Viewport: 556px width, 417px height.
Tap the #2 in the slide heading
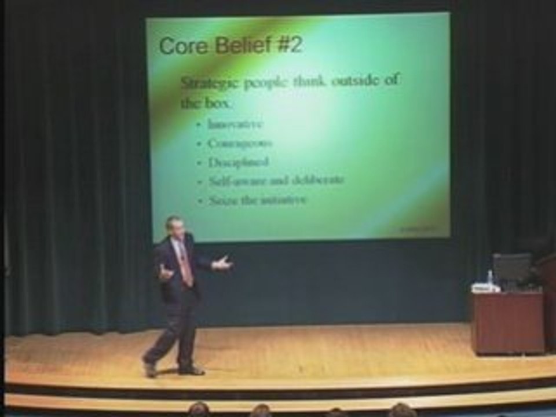289,45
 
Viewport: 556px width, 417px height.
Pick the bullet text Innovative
235,124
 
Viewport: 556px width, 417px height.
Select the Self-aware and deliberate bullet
276,181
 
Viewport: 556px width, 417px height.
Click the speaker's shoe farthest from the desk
150,368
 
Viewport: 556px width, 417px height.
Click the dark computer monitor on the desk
511,268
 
